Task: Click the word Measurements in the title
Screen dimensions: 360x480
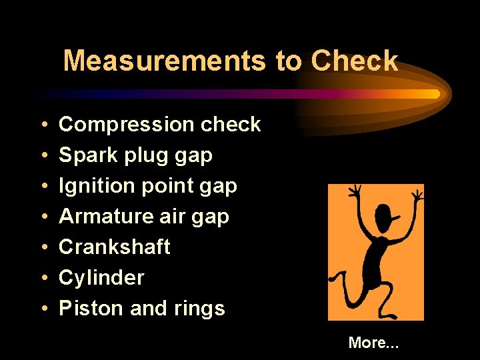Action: [165, 61]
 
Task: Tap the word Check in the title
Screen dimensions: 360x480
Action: [354, 61]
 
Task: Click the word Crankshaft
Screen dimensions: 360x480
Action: [115, 247]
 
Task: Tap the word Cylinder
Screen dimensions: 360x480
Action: [101, 278]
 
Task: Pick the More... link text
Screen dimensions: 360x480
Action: [373, 343]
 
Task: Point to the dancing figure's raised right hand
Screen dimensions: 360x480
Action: [417, 195]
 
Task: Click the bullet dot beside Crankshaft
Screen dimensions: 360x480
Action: [43, 248]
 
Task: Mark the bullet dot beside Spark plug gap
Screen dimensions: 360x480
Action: [43, 156]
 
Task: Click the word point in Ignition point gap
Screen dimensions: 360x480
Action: [167, 186]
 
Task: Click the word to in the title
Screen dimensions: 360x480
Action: [288, 61]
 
